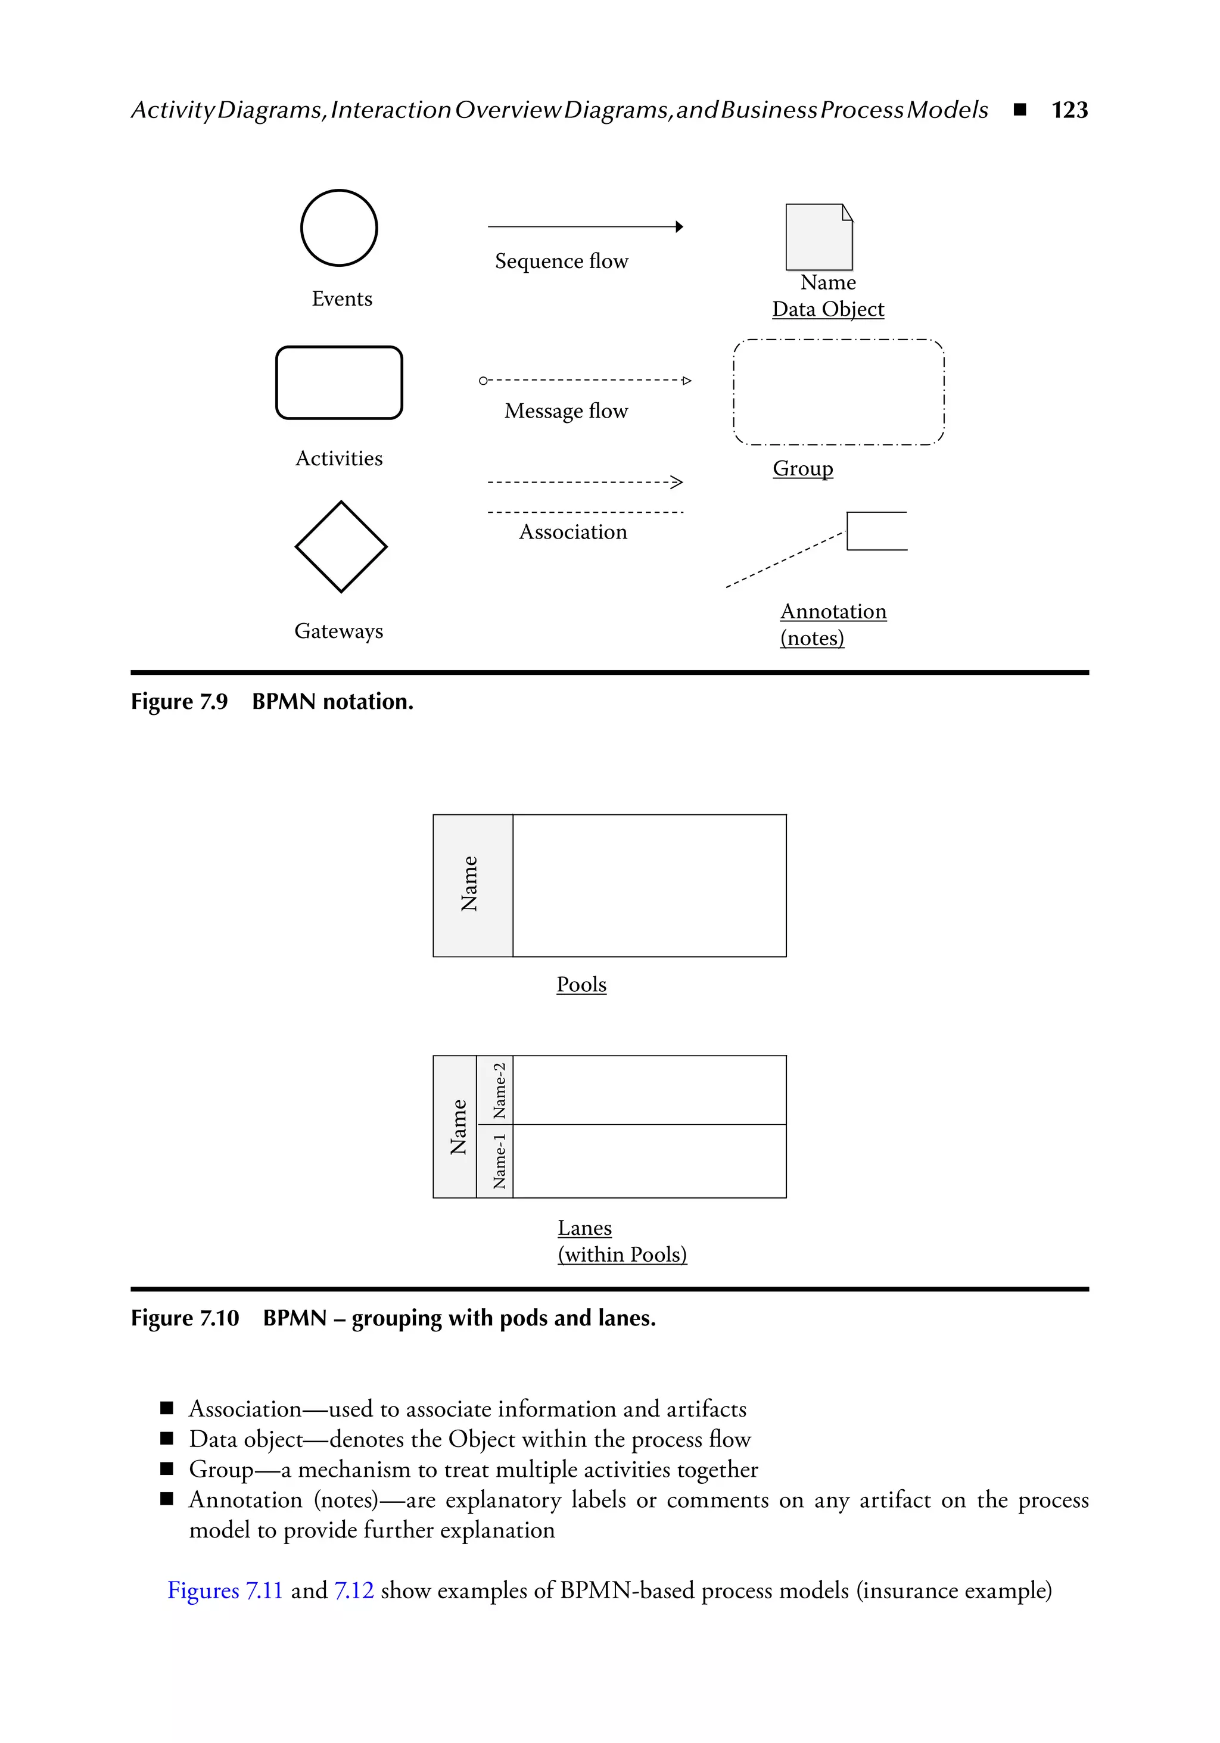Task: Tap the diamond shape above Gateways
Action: tap(341, 547)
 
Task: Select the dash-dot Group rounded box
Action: tap(839, 392)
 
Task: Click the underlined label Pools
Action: tap(581, 985)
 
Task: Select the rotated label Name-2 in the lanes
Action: tap(499, 1090)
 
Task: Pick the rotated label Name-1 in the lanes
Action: tap(499, 1161)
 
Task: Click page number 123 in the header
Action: tap(1069, 110)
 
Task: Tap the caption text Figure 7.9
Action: tap(179, 702)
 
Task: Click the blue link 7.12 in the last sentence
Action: tap(354, 1591)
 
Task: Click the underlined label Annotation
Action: tap(833, 612)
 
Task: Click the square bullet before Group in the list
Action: tap(167, 1469)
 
